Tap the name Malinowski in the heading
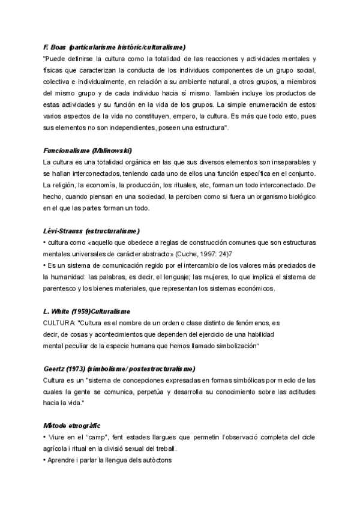pyautogui.click(x=113, y=151)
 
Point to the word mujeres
pyautogui.click(x=204, y=277)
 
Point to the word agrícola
pyautogui.click(x=58, y=449)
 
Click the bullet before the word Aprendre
pyautogui.click(x=45, y=461)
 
